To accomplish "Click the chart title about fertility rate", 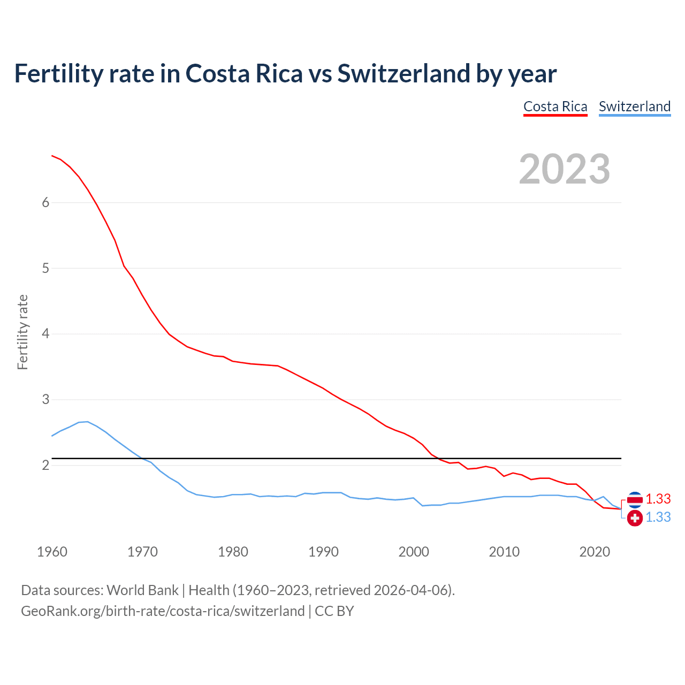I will point(285,73).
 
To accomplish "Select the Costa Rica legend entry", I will point(555,106).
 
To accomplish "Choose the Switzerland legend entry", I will point(634,106).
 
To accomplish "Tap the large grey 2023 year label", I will point(564,169).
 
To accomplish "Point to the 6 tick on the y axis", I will point(45,202).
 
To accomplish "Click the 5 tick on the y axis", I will point(45,268).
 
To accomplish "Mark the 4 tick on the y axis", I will point(45,334).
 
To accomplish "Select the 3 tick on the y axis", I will point(45,400).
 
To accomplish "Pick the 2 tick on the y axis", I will point(45,465).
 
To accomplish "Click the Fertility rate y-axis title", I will point(22,332).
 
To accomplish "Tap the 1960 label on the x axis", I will point(52,552).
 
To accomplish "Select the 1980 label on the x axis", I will point(233,552).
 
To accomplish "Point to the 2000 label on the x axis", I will point(414,552).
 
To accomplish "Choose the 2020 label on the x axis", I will point(595,552).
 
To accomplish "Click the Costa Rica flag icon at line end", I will point(635,499).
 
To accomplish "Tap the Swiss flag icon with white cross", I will point(635,517).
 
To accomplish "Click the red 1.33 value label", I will point(658,499).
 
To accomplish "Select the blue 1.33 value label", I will point(658,517).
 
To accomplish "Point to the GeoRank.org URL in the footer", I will point(163,611).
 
